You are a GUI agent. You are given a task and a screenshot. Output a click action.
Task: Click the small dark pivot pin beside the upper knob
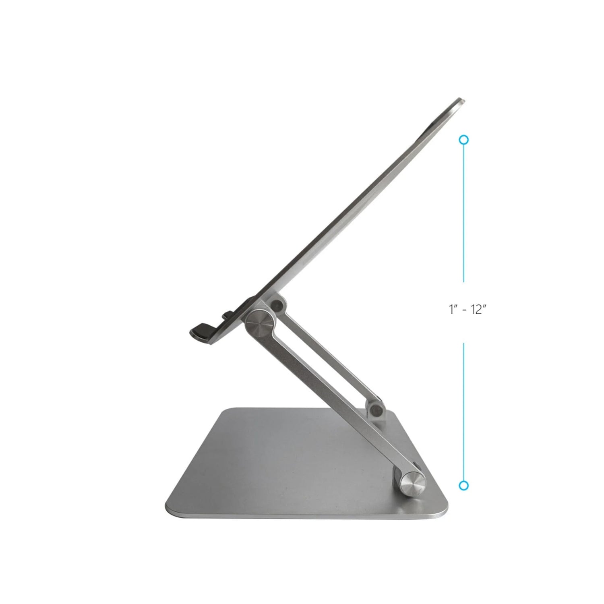pos(277,305)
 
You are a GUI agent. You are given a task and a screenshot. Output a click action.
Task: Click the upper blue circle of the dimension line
pos(464,140)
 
